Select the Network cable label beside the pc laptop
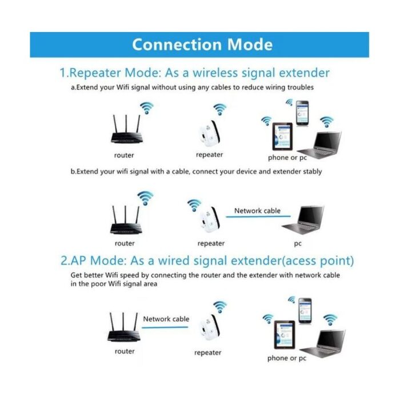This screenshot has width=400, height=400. click(257, 211)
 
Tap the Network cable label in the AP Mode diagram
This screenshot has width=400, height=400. click(166, 319)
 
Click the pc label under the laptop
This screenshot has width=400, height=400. click(297, 243)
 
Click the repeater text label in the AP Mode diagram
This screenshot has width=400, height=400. click(207, 353)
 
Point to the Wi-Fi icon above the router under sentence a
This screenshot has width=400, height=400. click(147, 107)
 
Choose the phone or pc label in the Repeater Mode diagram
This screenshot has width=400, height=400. click(287, 157)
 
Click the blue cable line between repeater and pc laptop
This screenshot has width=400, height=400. click(257, 217)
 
